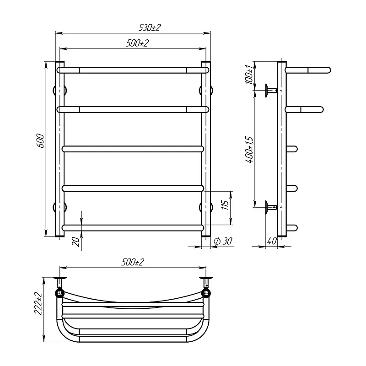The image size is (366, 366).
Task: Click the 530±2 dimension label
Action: (150, 28)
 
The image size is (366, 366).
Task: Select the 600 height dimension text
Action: (40, 141)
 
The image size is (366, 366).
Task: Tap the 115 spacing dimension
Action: (225, 205)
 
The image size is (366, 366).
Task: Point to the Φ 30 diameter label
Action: (223, 241)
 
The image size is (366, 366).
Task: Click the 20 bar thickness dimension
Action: (76, 242)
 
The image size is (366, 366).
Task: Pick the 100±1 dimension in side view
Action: (249, 75)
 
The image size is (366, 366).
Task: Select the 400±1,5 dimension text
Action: (249, 150)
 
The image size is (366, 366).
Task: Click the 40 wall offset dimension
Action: (272, 241)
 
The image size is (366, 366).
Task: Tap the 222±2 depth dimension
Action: (38, 303)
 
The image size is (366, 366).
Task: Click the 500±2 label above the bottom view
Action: (133, 262)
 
